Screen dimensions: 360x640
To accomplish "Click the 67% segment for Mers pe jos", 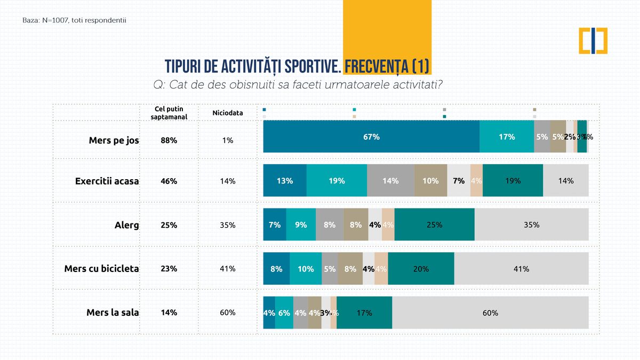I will (x=371, y=137).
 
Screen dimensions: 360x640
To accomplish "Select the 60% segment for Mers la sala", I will (x=490, y=313).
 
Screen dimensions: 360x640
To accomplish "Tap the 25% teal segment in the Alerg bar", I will (x=434, y=225).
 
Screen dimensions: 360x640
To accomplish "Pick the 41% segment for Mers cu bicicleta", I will (x=521, y=269).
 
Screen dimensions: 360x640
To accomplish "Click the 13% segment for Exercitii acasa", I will (x=285, y=181).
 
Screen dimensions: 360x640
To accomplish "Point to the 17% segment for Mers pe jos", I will (x=507, y=137).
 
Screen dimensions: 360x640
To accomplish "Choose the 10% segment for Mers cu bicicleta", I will (x=306, y=269).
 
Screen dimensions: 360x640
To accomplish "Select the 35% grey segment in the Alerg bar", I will (x=531, y=225).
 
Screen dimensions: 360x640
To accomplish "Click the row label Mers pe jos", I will (x=114, y=140).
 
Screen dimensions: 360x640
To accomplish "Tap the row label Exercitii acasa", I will (x=107, y=181).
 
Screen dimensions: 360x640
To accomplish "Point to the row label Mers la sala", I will (x=113, y=313).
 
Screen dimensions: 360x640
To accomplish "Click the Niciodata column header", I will (x=228, y=113).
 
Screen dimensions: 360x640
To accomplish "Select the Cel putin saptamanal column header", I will (x=169, y=113).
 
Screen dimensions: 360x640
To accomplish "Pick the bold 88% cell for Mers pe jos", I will (x=169, y=140).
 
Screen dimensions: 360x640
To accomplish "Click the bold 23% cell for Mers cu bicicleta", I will (x=169, y=269).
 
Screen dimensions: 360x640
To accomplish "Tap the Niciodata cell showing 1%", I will (x=228, y=140).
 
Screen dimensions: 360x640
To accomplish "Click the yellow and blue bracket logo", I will (x=593, y=40).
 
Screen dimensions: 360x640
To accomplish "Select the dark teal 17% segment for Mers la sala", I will (x=364, y=313).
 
